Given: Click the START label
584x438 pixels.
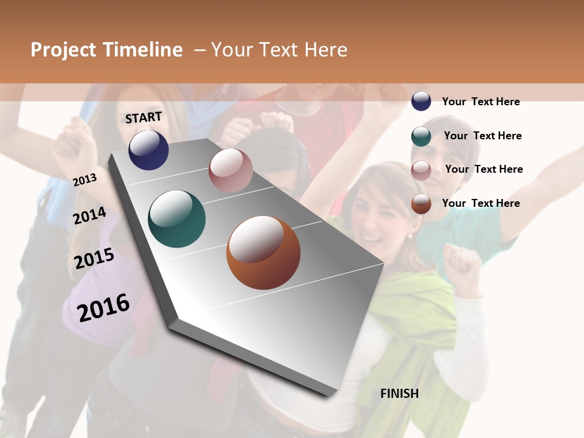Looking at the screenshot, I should pyautogui.click(x=144, y=117).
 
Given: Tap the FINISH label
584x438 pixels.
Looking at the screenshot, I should pyautogui.click(x=399, y=394).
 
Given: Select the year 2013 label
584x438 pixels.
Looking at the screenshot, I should pyautogui.click(x=85, y=180).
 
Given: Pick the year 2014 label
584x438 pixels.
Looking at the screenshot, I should pyautogui.click(x=90, y=216).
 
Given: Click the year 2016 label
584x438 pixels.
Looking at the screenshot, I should pyautogui.click(x=103, y=307).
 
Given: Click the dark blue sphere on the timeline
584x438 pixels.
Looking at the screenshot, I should pyautogui.click(x=148, y=150).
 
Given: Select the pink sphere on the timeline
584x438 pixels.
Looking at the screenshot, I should pyautogui.click(x=231, y=170).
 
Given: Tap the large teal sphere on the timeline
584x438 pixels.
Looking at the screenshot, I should pyautogui.click(x=176, y=219).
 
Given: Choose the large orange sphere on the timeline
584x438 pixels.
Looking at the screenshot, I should pyautogui.click(x=263, y=252).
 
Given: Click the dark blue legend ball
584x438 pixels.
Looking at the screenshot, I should pyautogui.click(x=421, y=101).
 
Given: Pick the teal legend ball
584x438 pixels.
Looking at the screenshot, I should pyautogui.click(x=421, y=136).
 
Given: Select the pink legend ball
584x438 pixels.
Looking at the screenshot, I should pyautogui.click(x=421, y=170).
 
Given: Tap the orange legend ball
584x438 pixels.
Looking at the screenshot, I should pyautogui.click(x=421, y=204).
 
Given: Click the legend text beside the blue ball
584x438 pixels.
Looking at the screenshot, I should pyautogui.click(x=481, y=102).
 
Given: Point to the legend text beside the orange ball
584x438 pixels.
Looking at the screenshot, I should pyautogui.click(x=481, y=203).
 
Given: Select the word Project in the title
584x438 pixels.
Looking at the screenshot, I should pyautogui.click(x=63, y=50).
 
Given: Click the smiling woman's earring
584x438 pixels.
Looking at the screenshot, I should pyautogui.click(x=409, y=235).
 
